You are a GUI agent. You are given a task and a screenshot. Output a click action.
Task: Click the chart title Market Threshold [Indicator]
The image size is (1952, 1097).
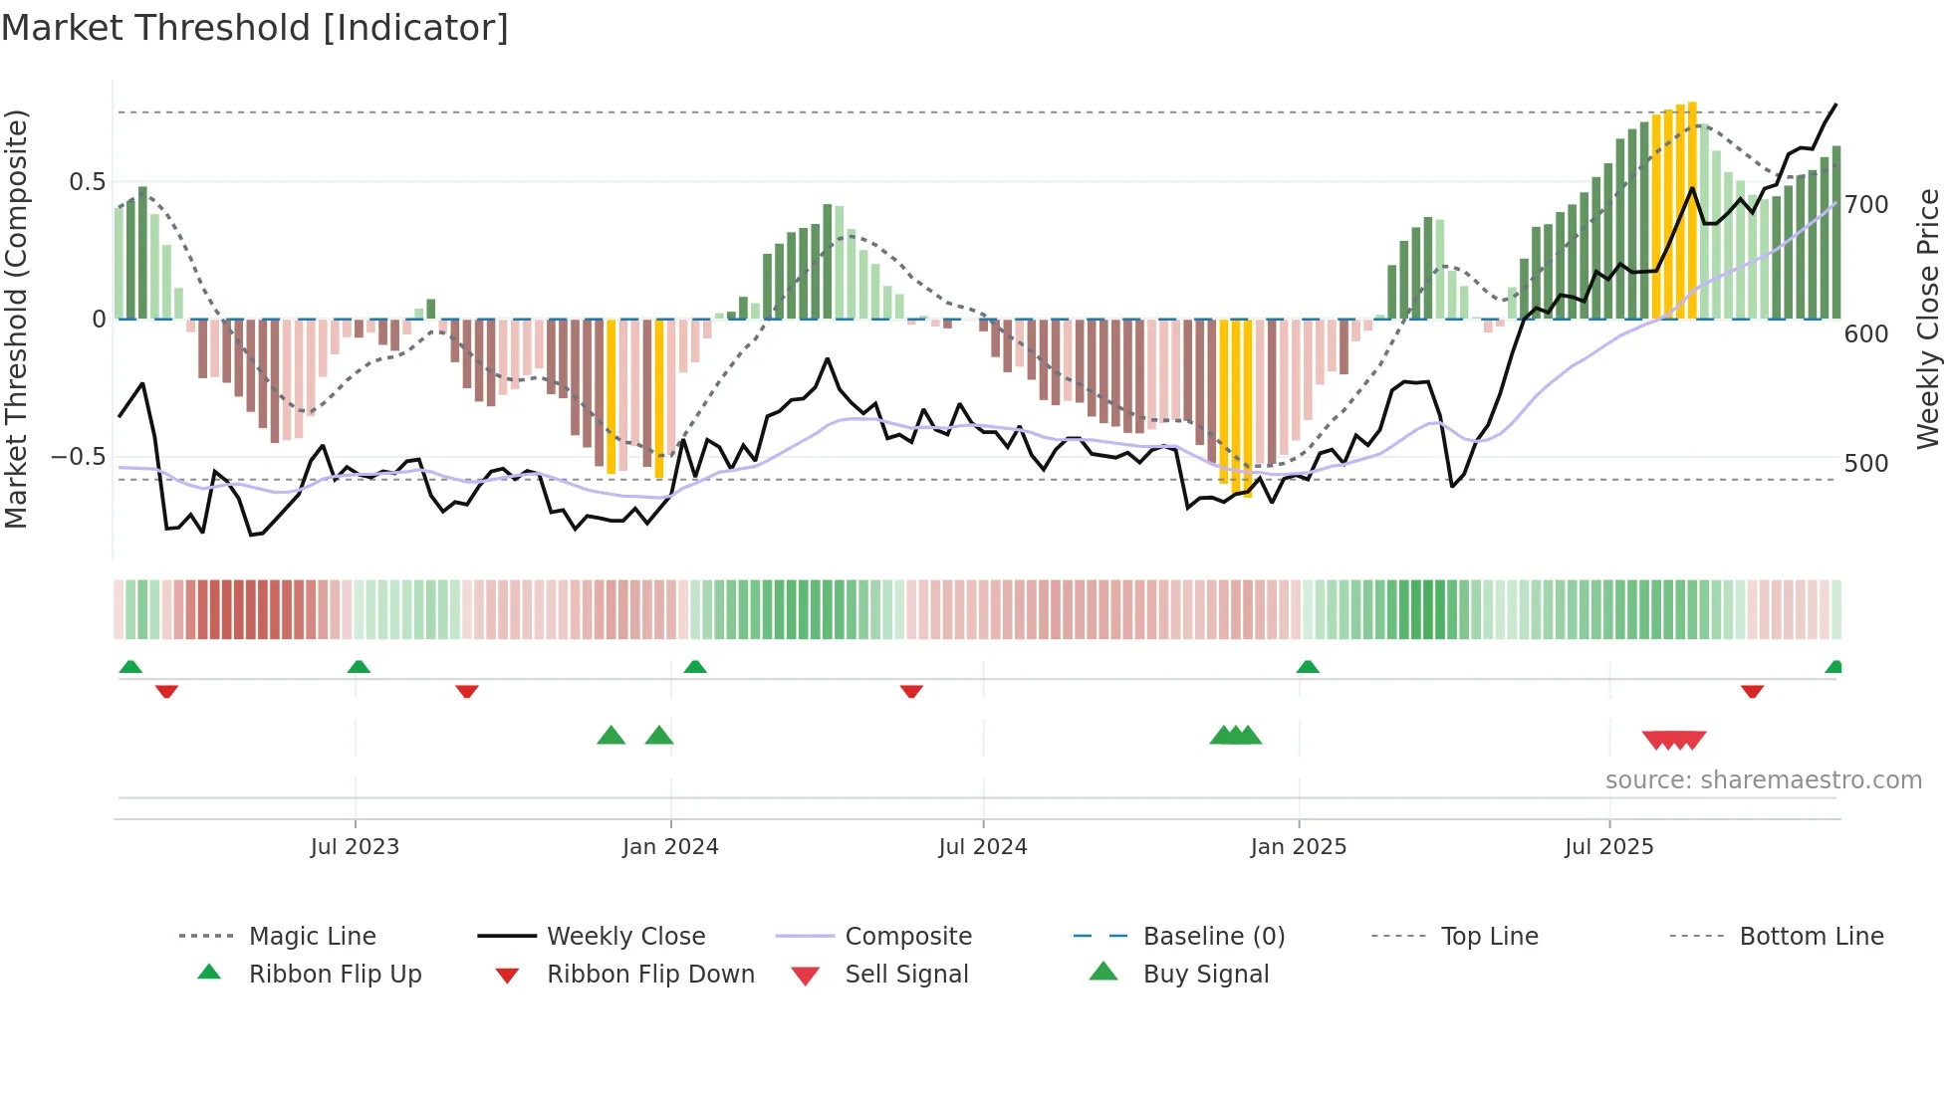pyautogui.click(x=255, y=28)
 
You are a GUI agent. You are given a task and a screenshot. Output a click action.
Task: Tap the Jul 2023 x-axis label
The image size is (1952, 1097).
pyautogui.click(x=355, y=847)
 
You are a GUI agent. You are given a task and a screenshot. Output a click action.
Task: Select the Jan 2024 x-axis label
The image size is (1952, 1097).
pyautogui.click(x=670, y=847)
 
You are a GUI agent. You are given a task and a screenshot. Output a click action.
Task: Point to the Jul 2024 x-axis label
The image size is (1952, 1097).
pyautogui.click(x=983, y=847)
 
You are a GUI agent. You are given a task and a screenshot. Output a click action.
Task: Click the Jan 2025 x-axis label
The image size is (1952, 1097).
pyautogui.click(x=1299, y=847)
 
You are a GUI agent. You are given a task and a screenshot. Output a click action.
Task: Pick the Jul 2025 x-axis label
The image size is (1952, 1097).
pyautogui.click(x=1609, y=847)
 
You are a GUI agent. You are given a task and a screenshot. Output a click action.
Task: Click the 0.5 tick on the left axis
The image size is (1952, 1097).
pyautogui.click(x=87, y=182)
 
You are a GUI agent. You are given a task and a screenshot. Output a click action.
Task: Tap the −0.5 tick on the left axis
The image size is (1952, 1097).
pyautogui.click(x=79, y=457)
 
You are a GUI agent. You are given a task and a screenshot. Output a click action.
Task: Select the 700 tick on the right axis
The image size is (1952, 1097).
pyautogui.click(x=1866, y=205)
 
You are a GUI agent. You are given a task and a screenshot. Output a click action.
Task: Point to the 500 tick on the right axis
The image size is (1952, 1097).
pyautogui.click(x=1866, y=464)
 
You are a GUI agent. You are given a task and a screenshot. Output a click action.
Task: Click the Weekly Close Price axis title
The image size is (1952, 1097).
pyautogui.click(x=1929, y=319)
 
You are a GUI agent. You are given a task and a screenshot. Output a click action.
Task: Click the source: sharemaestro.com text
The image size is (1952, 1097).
pyautogui.click(x=1763, y=780)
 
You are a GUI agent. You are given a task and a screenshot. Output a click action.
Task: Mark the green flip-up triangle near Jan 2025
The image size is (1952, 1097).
pyautogui.click(x=1308, y=667)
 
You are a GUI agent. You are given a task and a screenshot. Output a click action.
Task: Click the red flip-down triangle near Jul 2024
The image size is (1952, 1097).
pyautogui.click(x=911, y=691)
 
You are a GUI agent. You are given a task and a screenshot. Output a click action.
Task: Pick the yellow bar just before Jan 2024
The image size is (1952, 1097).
pyautogui.click(x=659, y=398)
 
